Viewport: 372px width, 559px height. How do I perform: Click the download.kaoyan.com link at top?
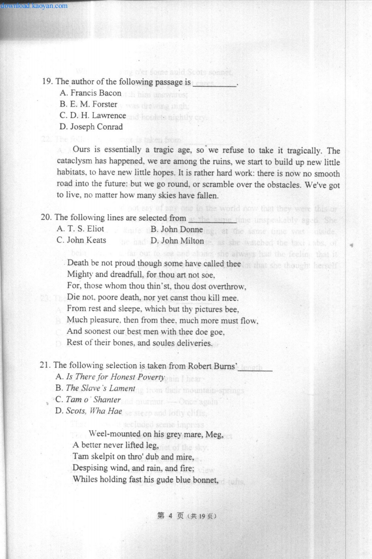34,6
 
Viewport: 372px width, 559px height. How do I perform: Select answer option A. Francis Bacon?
90,93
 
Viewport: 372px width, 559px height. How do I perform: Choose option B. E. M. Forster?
88,104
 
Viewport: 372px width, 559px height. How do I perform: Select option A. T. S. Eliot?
80,229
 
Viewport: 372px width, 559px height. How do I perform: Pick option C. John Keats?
81,240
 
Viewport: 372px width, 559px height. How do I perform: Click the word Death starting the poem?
78,263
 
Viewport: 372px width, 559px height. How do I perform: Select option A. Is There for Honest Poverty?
110,377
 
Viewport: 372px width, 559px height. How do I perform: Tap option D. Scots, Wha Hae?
88,411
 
